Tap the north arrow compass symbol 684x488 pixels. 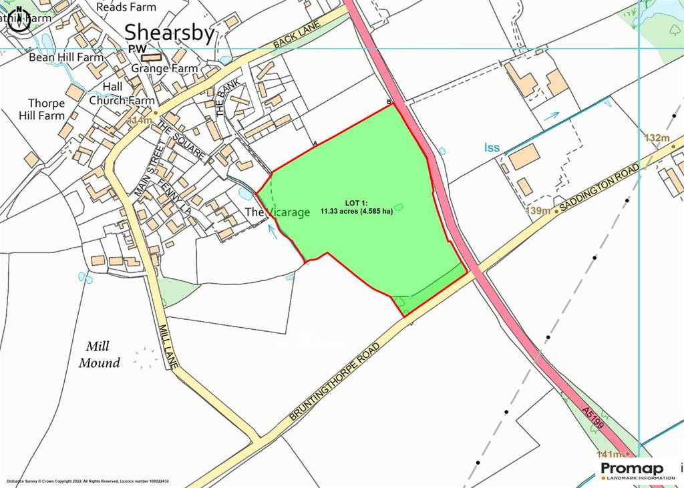(x=19, y=20)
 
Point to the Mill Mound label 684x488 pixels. (x=100, y=354)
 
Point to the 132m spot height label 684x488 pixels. (x=657, y=138)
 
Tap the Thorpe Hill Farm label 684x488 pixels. (x=47, y=109)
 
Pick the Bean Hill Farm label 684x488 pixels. (x=66, y=57)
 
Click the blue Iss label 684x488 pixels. (x=492, y=148)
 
